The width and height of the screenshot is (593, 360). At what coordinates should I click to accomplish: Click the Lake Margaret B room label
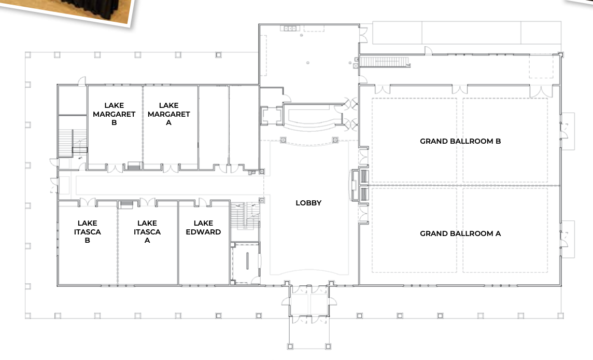pyautogui.click(x=114, y=114)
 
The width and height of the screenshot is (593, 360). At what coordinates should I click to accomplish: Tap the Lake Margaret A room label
pyautogui.click(x=168, y=114)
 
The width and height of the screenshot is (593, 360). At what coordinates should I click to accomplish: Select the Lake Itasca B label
pyautogui.click(x=88, y=231)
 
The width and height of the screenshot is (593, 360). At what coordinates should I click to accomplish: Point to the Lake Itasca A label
pyautogui.click(x=147, y=231)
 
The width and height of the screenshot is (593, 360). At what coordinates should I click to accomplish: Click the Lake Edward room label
pyautogui.click(x=204, y=227)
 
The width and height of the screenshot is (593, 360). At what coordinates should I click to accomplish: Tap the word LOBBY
pyautogui.click(x=308, y=203)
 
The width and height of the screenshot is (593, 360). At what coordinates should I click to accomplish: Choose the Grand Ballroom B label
pyautogui.click(x=460, y=141)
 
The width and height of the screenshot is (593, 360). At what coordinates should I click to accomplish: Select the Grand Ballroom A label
pyautogui.click(x=460, y=233)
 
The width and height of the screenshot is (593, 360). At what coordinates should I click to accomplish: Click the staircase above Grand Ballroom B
pyautogui.click(x=384, y=62)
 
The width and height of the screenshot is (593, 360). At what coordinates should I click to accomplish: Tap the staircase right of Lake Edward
pyautogui.click(x=245, y=216)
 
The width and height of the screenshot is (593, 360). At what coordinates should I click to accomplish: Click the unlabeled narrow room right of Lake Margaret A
pyautogui.click(x=214, y=127)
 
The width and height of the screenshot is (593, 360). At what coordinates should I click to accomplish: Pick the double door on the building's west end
pyautogui.click(x=53, y=186)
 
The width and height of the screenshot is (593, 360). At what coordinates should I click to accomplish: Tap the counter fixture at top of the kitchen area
pyautogui.click(x=290, y=29)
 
